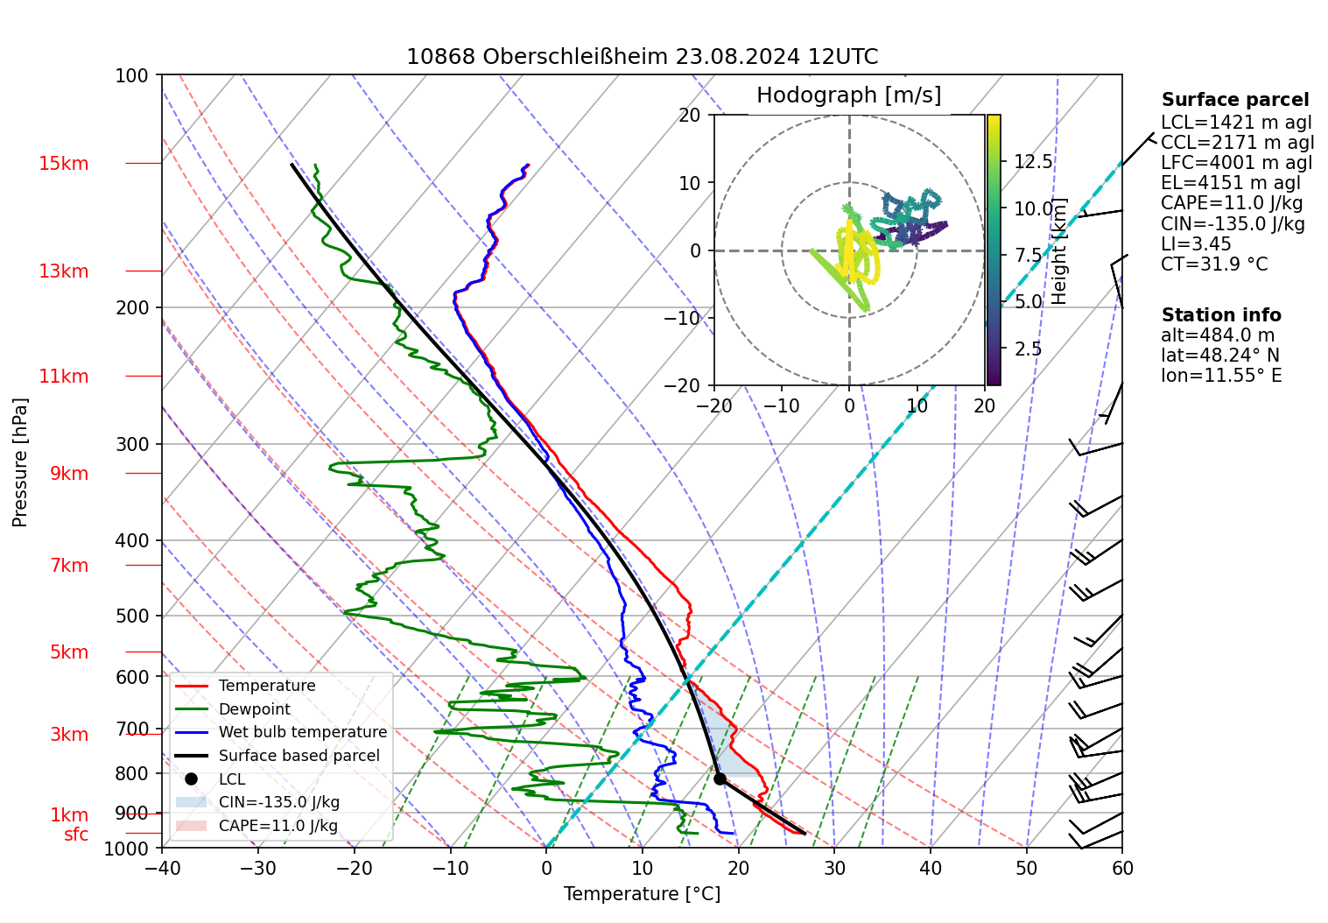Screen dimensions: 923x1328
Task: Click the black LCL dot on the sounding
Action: pyautogui.click(x=720, y=779)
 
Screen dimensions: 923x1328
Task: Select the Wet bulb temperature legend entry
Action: pyautogui.click(x=302, y=732)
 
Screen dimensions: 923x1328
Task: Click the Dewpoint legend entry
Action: pyautogui.click(x=254, y=709)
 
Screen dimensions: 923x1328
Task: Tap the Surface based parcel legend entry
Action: pyautogui.click(x=299, y=756)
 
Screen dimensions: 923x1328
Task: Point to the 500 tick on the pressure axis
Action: pyautogui.click(x=132, y=617)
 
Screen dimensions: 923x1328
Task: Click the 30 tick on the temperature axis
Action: pyautogui.click(x=834, y=868)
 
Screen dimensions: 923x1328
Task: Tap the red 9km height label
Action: pyautogui.click(x=69, y=474)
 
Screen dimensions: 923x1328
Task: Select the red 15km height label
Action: pyautogui.click(x=63, y=164)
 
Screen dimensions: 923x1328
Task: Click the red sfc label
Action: pyautogui.click(x=76, y=835)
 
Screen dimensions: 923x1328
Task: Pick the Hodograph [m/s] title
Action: pyautogui.click(x=848, y=95)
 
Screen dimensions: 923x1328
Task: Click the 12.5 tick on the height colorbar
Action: pyautogui.click(x=1033, y=162)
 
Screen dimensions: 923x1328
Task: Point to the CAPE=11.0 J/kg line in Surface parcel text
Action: pyautogui.click(x=1232, y=204)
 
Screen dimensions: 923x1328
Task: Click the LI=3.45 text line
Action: pyautogui.click(x=1196, y=244)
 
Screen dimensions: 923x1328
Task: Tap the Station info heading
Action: pyautogui.click(x=1220, y=315)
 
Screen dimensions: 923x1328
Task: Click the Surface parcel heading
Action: pyautogui.click(x=1234, y=100)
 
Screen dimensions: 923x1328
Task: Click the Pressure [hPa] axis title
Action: pyautogui.click(x=20, y=462)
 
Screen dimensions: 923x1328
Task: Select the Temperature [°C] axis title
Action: pyautogui.click(x=642, y=894)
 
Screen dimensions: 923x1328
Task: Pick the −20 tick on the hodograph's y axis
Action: pyautogui.click(x=689, y=385)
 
